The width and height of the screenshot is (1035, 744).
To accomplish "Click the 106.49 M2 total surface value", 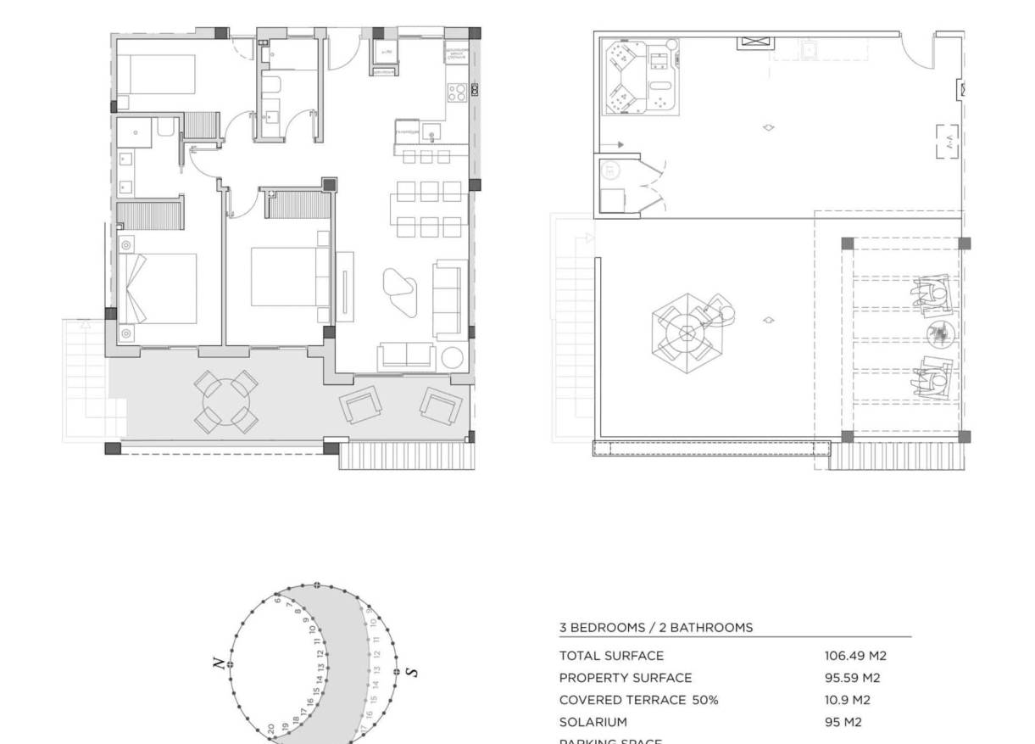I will pos(855,656).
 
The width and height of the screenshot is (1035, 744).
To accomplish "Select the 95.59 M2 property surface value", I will pos(852,678).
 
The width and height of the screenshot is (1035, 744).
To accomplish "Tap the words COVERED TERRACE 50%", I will pos(638,700).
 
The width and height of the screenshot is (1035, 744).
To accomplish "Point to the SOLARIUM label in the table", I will pos(593,722).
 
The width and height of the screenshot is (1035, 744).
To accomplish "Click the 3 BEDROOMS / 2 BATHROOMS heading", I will pos(655,628).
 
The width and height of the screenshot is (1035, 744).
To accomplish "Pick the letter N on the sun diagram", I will pos(219,663).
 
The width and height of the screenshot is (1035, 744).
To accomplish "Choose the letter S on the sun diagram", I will pos(412,672).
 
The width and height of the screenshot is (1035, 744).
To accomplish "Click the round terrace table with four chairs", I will pos(225,400).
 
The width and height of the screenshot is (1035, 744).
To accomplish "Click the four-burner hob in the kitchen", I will pos(456,91).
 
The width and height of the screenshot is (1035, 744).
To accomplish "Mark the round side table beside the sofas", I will pos(450,357).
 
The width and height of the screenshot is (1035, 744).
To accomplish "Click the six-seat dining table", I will pos(429,209).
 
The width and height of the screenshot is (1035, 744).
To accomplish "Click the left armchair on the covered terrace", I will pos(360,406).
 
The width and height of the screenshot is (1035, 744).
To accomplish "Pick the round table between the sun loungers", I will pos(940,333).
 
